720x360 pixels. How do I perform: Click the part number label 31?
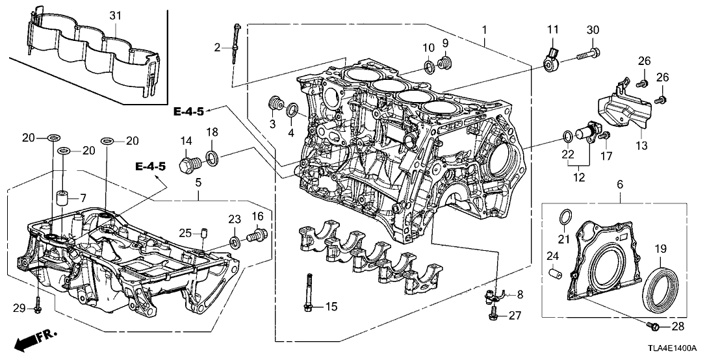click(115, 14)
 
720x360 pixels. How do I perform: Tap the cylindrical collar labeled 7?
click(62, 197)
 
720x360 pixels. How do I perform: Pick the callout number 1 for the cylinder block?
click(483, 30)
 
